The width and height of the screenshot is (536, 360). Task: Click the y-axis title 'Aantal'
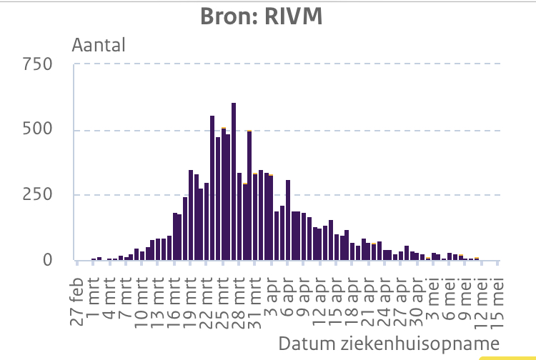[x=99, y=45]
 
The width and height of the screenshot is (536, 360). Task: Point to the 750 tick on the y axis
[x=38, y=65]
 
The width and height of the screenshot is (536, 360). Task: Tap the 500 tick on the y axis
[x=38, y=130]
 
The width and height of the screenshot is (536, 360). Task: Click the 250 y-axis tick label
[x=38, y=195]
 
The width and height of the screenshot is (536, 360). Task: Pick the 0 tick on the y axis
[x=48, y=260]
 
